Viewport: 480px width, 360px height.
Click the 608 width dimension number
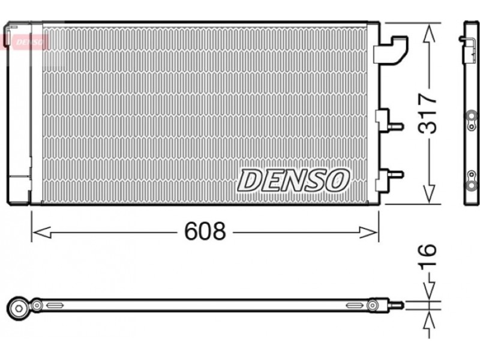point(205,231)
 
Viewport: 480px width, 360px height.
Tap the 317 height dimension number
point(427,113)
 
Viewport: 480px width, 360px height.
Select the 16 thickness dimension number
point(427,257)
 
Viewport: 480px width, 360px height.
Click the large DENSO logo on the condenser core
point(293,181)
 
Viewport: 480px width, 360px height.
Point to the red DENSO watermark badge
point(26,42)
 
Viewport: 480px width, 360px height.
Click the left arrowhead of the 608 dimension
point(41,233)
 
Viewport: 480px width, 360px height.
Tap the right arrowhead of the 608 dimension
point(368,233)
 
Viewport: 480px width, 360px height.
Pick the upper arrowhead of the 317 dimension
point(429,34)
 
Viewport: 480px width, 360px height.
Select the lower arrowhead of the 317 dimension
point(429,193)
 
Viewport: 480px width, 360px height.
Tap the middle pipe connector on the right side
point(389,121)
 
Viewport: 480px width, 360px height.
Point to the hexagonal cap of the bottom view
point(19,308)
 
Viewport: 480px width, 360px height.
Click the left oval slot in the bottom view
point(55,305)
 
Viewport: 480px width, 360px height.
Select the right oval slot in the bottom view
point(355,305)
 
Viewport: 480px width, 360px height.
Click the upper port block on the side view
point(471,121)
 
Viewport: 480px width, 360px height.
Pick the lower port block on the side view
point(471,179)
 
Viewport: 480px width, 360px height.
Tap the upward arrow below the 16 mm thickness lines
point(430,325)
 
